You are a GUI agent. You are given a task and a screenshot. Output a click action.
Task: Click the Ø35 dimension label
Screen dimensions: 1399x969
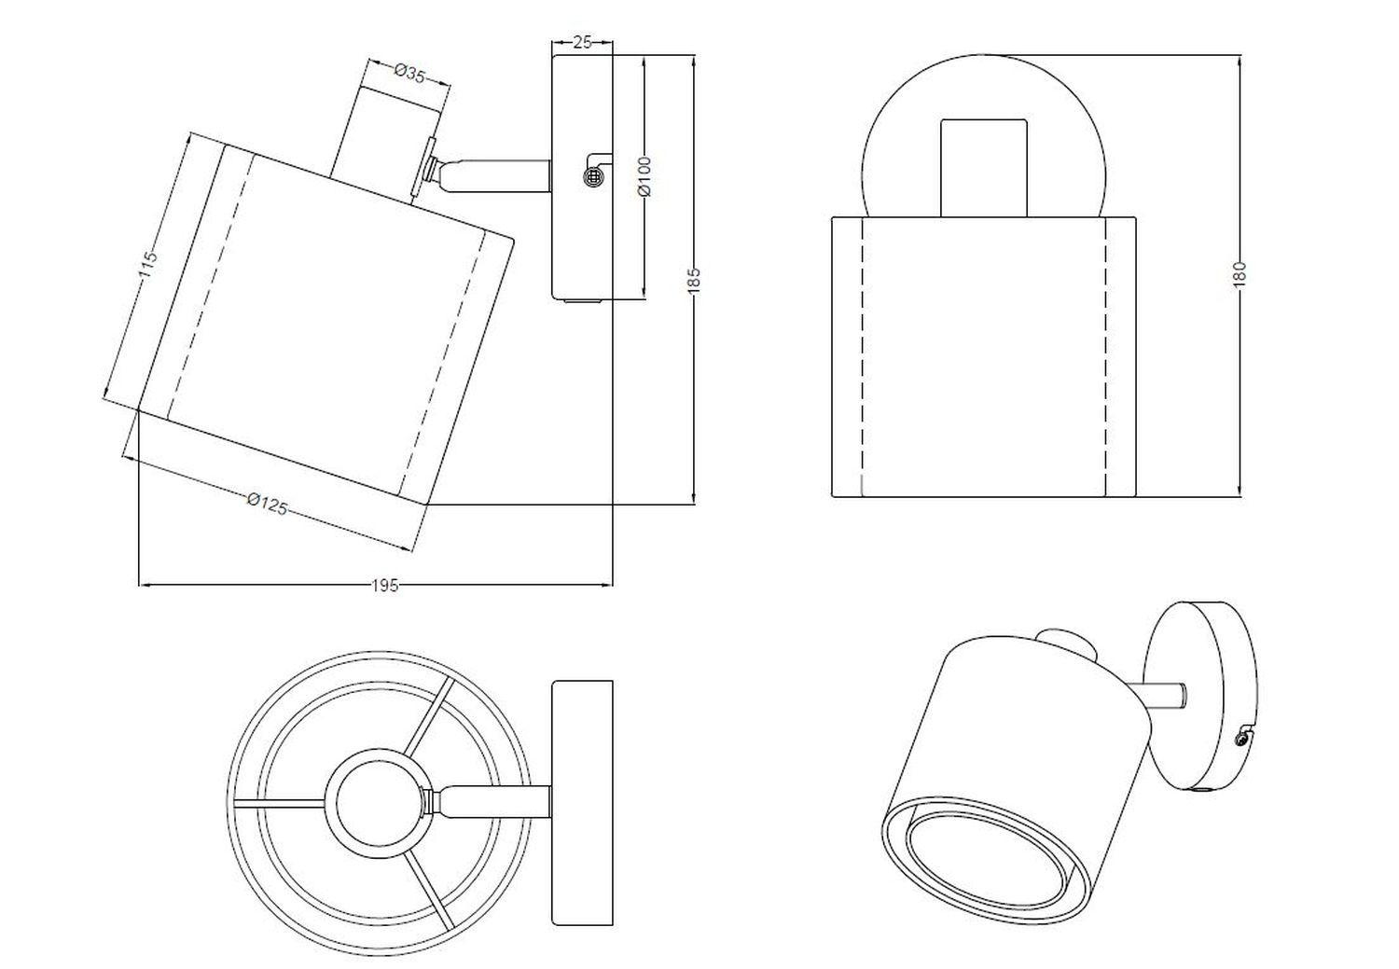click(x=409, y=74)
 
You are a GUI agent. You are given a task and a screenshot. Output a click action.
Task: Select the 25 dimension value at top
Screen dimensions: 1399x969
click(x=582, y=43)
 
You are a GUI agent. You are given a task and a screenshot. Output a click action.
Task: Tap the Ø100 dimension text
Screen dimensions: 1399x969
click(x=645, y=176)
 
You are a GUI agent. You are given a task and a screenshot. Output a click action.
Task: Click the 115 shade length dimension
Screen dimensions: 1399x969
click(x=147, y=265)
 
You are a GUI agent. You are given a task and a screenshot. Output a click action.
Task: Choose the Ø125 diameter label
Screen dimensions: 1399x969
click(x=268, y=504)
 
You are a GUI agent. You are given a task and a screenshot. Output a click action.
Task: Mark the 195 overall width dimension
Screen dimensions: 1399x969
click(x=384, y=586)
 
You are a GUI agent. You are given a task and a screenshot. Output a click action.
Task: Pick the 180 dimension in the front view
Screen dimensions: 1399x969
click(x=1240, y=274)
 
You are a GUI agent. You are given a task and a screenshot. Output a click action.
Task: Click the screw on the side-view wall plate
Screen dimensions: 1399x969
click(x=592, y=177)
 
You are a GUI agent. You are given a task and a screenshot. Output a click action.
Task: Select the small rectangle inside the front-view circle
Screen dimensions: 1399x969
click(x=984, y=168)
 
